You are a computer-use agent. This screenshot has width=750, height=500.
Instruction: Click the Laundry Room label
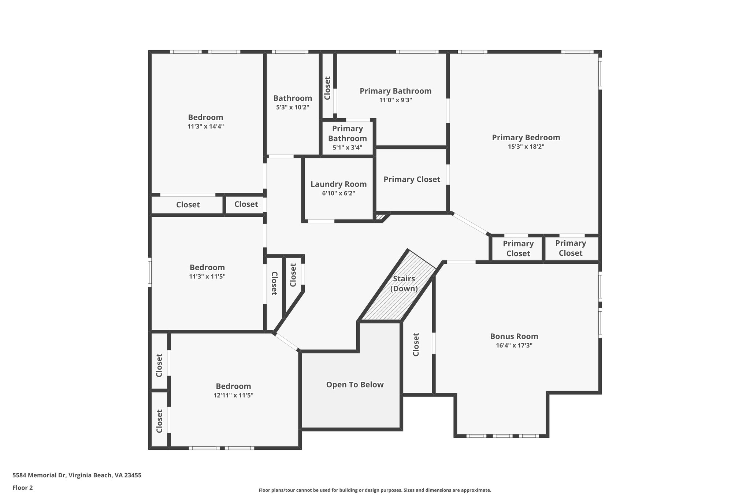tap(338, 184)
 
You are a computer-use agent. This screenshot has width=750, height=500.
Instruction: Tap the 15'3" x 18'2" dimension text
tap(526, 147)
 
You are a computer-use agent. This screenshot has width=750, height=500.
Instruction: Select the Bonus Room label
tap(514, 336)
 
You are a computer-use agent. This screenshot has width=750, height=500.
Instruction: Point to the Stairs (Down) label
tap(404, 284)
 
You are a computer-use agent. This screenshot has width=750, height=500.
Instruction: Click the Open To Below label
tap(354, 385)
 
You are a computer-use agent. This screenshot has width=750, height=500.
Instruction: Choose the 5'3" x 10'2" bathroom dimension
tap(292, 108)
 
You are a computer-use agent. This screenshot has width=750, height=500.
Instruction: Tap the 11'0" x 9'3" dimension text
tap(396, 100)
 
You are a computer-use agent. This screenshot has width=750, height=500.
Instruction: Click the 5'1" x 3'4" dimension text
tap(347, 148)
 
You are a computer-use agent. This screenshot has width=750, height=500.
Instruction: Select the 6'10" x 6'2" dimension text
tap(338, 193)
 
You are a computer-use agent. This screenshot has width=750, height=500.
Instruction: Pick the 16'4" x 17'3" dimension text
tap(514, 345)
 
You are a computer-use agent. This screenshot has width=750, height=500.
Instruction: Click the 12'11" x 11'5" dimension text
tap(233, 396)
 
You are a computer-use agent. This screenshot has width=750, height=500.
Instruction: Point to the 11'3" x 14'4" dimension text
tap(205, 127)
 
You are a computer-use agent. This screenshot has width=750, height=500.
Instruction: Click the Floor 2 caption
tap(23, 488)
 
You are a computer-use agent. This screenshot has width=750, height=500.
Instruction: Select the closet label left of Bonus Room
tap(416, 344)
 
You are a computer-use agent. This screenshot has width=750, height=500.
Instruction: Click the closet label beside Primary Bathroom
tap(327, 88)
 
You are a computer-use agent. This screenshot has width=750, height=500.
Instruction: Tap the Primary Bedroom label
tap(526, 137)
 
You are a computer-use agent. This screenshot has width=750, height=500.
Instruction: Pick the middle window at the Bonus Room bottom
tap(502, 436)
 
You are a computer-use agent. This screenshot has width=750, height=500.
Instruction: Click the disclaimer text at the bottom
tap(375, 490)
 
